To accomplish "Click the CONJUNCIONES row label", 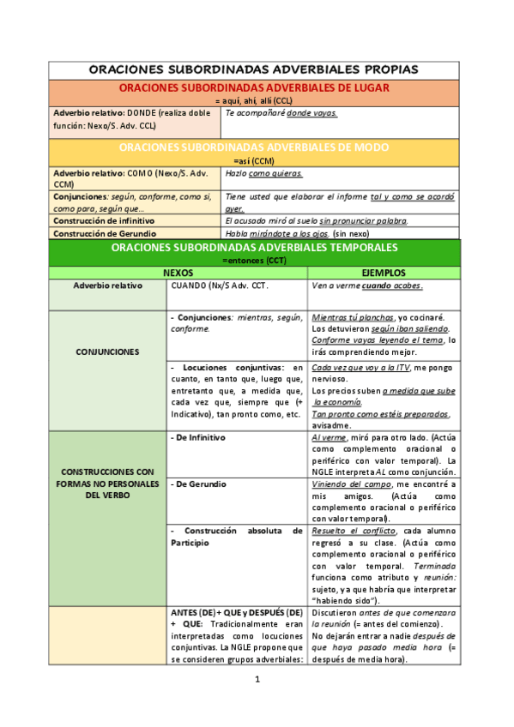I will tap(107, 351).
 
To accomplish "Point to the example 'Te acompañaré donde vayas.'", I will tap(281, 112).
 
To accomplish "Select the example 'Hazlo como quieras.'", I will tap(264, 172).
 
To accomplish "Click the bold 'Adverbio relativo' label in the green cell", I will tap(107, 285).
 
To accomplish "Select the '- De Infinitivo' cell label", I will tap(198, 437).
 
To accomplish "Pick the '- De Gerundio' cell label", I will tap(197, 484).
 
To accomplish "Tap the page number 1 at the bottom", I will tap(257, 680).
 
